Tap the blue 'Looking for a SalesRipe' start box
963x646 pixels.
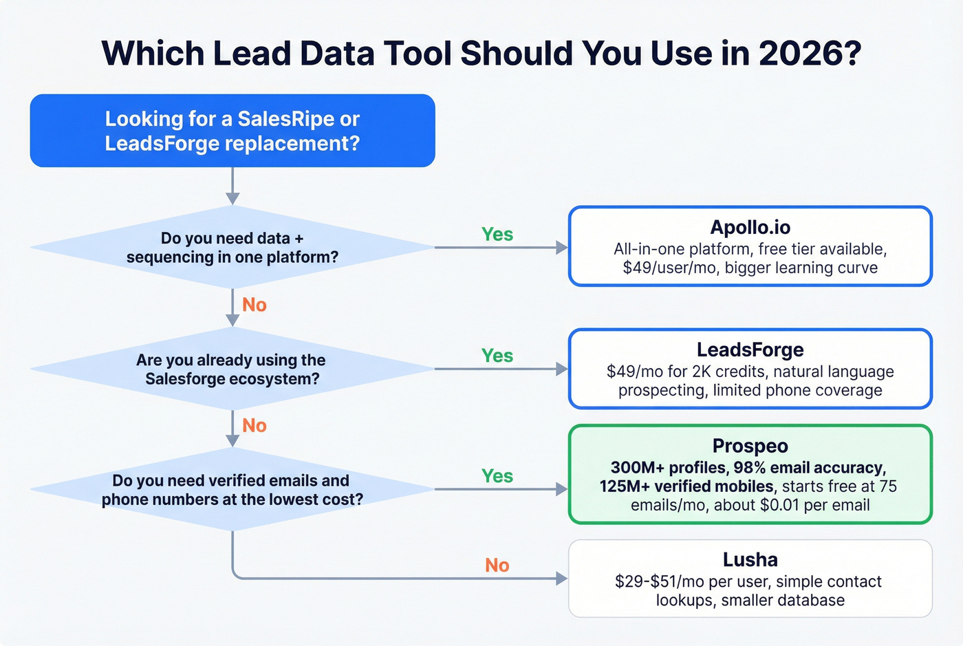point(232,131)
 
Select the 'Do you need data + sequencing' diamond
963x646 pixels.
point(232,248)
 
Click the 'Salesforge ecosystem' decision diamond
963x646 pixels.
point(232,369)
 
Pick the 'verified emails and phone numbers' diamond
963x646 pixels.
point(232,490)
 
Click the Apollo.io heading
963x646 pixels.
point(750,227)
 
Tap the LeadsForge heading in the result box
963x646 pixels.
point(750,349)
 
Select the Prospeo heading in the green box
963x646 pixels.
point(750,446)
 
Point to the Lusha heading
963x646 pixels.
point(750,559)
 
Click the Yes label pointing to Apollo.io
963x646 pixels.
point(497,235)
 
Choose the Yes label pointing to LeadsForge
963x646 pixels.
point(497,356)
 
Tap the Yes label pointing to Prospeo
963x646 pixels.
point(497,476)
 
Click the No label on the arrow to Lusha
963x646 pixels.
point(497,566)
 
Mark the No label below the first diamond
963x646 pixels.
point(254,305)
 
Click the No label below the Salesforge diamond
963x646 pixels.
point(254,426)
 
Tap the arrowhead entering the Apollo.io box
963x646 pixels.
point(562,248)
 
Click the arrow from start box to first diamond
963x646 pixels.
point(232,186)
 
